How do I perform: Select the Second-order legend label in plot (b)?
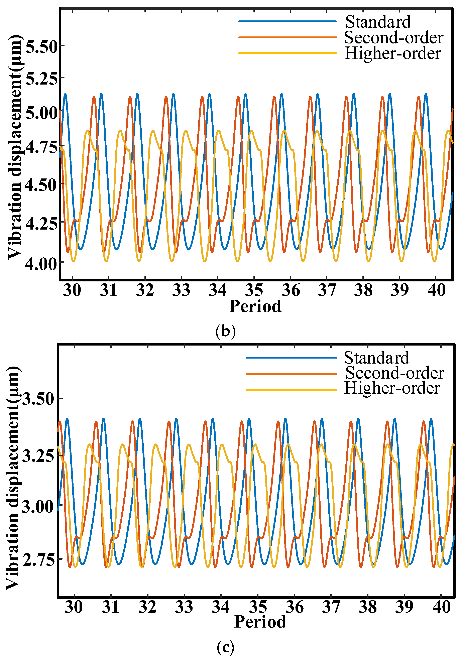pyautogui.click(x=393, y=38)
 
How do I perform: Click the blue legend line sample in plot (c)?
pyautogui.click(x=291, y=358)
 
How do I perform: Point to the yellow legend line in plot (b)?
pyautogui.click(x=287, y=53)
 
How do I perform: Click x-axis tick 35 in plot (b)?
pyautogui.click(x=254, y=290)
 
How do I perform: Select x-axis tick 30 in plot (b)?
pyautogui.click(x=72, y=290)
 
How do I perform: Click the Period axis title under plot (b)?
pyautogui.click(x=255, y=306)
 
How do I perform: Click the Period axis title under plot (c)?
pyautogui.click(x=260, y=622)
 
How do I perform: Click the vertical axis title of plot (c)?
pyautogui.click(x=13, y=477)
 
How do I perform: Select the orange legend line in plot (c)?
pyautogui.click(x=291, y=374)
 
